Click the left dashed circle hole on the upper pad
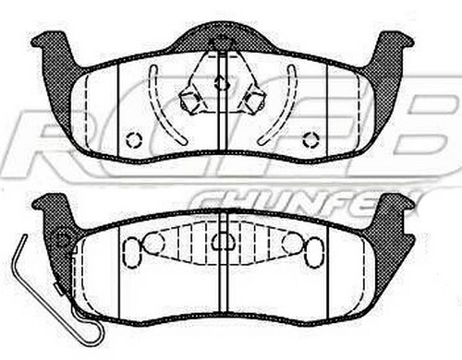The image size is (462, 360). (133, 140)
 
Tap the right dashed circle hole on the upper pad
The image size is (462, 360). (311, 140)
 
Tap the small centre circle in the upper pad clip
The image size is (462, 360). (221, 83)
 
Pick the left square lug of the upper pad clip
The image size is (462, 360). (191, 100)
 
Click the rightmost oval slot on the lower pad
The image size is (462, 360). (313, 252)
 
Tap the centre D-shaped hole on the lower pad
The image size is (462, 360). (222, 242)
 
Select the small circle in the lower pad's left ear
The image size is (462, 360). (64, 238)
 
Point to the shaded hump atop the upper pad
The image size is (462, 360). (222, 37)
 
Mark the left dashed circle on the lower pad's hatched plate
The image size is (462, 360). (153, 243)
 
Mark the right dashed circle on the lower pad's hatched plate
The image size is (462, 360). (291, 243)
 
